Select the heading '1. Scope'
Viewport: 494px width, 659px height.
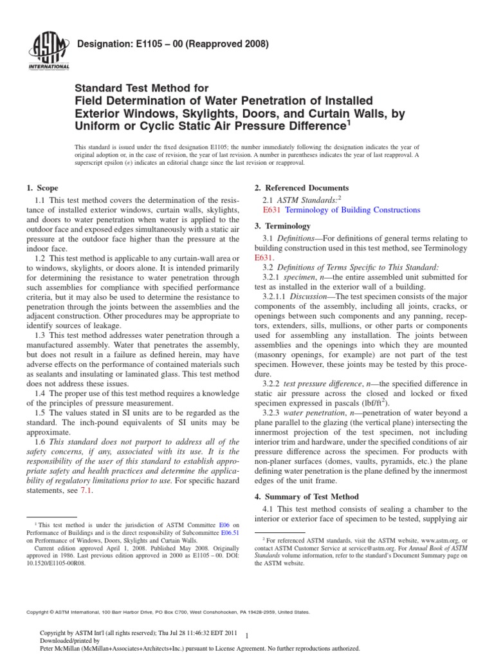(42, 188)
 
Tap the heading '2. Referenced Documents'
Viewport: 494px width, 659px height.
(302, 188)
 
